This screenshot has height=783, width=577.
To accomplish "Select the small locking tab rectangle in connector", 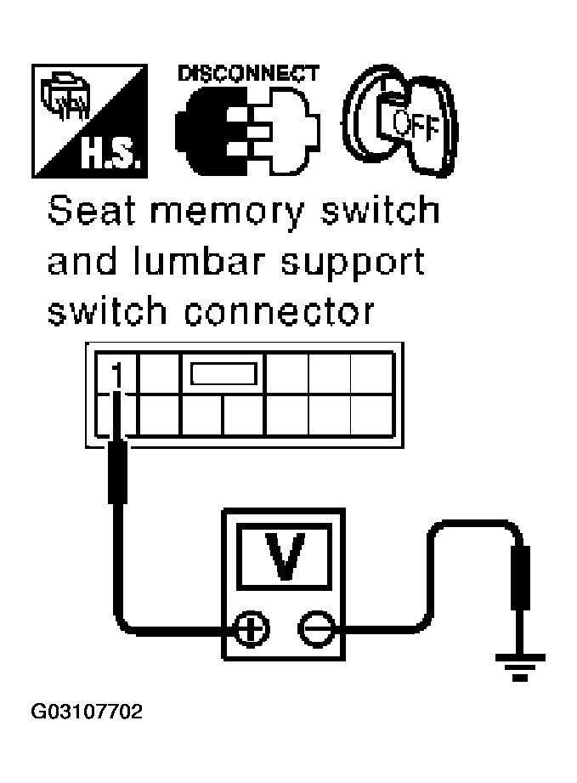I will [223, 375].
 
